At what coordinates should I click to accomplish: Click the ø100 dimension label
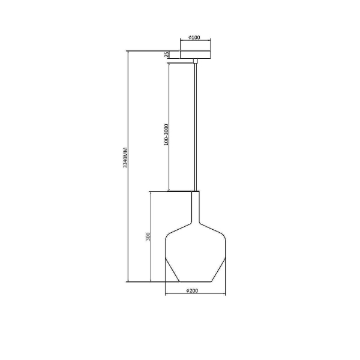pyautogui.click(x=194, y=37)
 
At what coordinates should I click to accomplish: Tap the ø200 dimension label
pyautogui.click(x=192, y=290)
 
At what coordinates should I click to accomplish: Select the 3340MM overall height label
pyautogui.click(x=125, y=158)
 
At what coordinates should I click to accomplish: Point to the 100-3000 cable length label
pyautogui.click(x=166, y=134)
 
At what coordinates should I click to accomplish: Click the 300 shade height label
pyautogui.click(x=148, y=236)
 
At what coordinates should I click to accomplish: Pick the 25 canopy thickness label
pyautogui.click(x=167, y=55)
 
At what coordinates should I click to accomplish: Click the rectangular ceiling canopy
pyautogui.click(x=196, y=55)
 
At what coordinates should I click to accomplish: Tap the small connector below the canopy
pyautogui.click(x=196, y=61)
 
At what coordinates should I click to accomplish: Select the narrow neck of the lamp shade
pyautogui.click(x=196, y=206)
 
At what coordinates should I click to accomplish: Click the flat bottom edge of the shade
pyautogui.click(x=196, y=282)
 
